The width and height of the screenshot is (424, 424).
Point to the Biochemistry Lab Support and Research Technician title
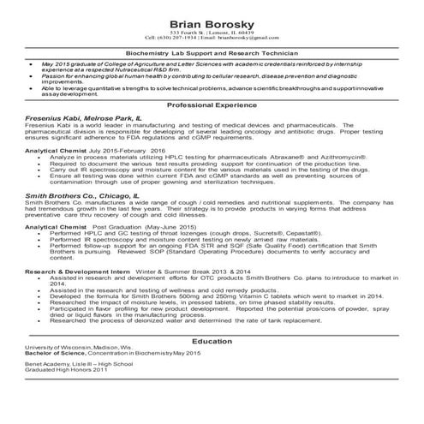[x=212, y=52]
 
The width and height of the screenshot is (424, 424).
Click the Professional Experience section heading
[x=212, y=104]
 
